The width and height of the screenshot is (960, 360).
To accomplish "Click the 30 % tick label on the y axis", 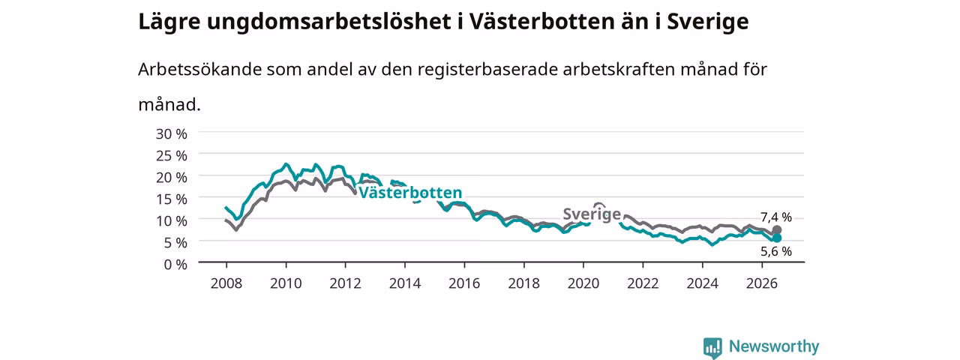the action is point(172,134).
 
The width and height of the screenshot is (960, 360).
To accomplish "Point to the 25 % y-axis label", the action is point(172,156).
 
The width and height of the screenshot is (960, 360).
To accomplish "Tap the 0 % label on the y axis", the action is point(175,265).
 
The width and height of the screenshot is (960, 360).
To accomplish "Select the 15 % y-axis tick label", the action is point(172,199).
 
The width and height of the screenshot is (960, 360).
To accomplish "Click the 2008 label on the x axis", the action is point(226,283).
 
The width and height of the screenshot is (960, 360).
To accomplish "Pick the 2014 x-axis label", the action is point(404,283).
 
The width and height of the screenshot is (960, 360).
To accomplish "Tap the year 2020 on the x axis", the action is point(583,283).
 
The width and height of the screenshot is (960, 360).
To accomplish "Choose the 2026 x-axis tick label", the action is point(761,283).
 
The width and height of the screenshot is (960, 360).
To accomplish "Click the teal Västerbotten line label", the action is point(410,193).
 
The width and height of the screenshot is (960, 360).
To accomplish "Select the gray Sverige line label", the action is point(592,214).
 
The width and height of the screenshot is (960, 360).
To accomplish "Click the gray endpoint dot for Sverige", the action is point(776,230).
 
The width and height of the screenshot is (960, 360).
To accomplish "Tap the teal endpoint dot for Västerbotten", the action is point(776,238).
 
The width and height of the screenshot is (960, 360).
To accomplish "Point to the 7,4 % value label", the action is point(776,217).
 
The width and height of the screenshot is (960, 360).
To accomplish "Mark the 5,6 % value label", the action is point(776,251).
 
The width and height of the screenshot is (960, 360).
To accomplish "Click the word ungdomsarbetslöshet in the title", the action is point(328,22).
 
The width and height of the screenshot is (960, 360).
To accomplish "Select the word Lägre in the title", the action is point(169,22).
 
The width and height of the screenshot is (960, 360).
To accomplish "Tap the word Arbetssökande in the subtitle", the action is point(199,69).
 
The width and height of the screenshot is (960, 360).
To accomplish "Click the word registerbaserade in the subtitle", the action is point(487,70).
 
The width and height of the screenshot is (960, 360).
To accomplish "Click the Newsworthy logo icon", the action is point(712,348).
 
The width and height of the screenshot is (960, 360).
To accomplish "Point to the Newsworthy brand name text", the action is point(774,346).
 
